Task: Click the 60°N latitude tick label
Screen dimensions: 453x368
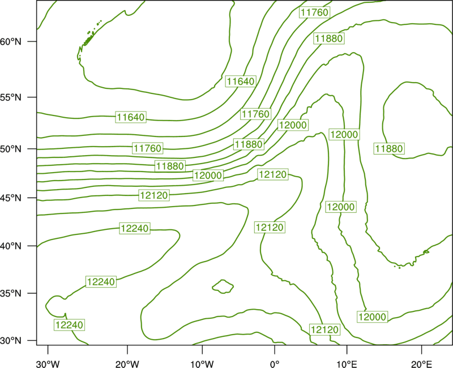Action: click(x=11, y=42)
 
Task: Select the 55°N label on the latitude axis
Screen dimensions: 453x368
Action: click(x=11, y=97)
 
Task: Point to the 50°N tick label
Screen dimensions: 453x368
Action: click(x=11, y=149)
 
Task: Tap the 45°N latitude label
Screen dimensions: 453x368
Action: click(x=11, y=198)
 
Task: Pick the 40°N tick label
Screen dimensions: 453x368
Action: click(x=11, y=246)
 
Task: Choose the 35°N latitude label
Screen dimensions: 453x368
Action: click(x=11, y=293)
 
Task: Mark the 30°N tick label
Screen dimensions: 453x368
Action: click(x=11, y=341)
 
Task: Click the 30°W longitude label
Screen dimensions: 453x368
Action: click(x=48, y=364)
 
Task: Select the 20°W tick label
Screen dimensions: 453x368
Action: click(x=127, y=364)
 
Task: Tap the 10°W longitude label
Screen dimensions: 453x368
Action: click(x=202, y=364)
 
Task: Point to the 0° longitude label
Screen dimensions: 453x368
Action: click(x=275, y=364)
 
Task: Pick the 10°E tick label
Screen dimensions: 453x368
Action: click(x=347, y=364)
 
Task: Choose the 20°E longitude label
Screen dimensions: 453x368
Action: click(x=421, y=364)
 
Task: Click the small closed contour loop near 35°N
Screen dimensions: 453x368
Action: click(x=223, y=286)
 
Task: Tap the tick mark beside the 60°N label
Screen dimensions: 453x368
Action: click(x=32, y=41)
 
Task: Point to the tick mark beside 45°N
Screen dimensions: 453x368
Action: click(x=32, y=198)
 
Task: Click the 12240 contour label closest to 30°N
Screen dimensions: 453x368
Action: click(x=69, y=325)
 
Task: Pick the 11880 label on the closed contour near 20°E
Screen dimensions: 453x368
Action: click(x=389, y=149)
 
